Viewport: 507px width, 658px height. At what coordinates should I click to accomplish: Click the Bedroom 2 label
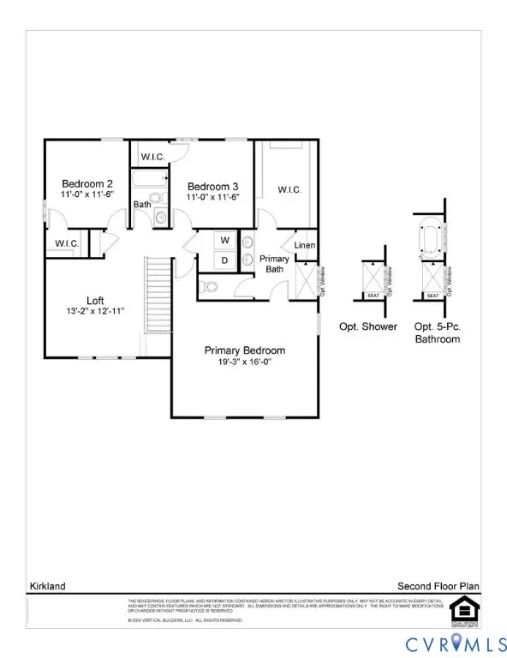coord(86,184)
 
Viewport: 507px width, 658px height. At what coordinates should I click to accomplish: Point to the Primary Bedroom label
coord(244,350)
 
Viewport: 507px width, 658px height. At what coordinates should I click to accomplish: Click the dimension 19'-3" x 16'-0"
coord(244,363)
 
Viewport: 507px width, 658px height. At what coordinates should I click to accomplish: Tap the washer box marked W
coord(224,240)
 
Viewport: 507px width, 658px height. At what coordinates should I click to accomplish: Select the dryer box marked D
coord(224,260)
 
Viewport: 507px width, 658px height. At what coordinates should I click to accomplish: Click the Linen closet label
coord(305,246)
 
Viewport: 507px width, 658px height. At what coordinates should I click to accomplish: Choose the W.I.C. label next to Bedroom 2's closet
coord(68,244)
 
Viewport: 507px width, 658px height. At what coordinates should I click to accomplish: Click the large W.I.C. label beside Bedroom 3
coord(289,189)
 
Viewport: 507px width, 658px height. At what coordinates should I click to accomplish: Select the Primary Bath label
coord(275,264)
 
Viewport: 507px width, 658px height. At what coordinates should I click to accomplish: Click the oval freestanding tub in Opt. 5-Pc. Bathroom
coord(432,237)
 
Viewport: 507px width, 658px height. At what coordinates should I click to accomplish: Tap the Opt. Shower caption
coord(373,327)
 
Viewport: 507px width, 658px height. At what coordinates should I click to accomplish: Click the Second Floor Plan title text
coord(438,586)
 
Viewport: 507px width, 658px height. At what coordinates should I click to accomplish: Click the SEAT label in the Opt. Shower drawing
coord(373,296)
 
